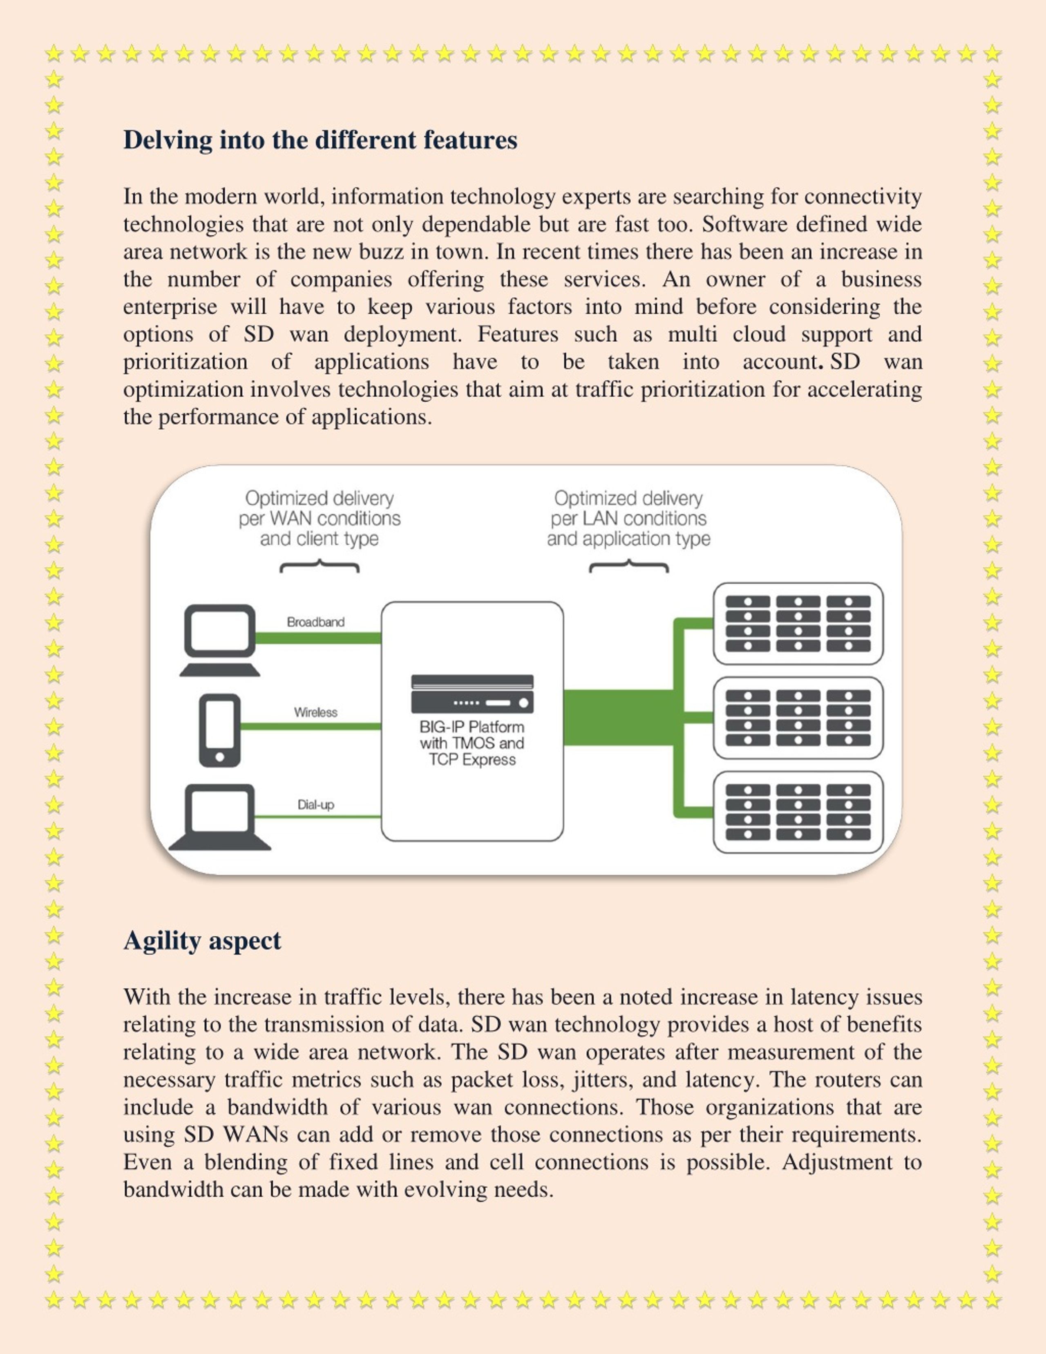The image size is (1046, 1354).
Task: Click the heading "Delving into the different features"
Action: (x=320, y=140)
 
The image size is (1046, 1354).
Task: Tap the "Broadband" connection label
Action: (x=315, y=622)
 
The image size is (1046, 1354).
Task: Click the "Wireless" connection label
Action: (x=315, y=712)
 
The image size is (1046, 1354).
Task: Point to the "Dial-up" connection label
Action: (x=315, y=805)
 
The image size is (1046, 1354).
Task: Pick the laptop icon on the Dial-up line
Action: (x=220, y=817)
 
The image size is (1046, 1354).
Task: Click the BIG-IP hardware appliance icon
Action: (x=472, y=694)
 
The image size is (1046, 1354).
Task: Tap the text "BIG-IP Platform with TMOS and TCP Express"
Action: (x=472, y=743)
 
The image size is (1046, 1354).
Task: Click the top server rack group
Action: (x=798, y=624)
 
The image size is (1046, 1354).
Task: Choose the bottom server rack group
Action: (x=798, y=812)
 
